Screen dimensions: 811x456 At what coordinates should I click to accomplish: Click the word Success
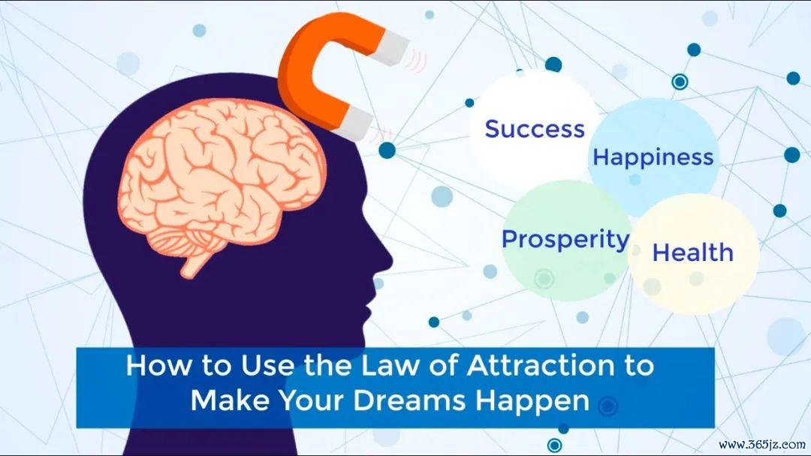[x=535, y=129]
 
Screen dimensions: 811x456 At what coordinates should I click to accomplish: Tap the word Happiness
[x=653, y=157]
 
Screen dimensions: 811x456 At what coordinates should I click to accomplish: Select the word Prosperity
[x=566, y=241]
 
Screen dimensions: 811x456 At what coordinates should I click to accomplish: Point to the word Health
[x=693, y=253]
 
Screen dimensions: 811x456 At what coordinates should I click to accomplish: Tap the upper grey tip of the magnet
[x=393, y=48]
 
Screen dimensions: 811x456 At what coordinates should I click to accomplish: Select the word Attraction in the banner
[x=535, y=366]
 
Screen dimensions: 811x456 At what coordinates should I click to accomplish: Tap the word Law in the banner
[x=384, y=366]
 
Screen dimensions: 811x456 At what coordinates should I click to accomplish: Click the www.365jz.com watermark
[x=762, y=445]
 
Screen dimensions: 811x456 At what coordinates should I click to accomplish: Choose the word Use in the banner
[x=268, y=366]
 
